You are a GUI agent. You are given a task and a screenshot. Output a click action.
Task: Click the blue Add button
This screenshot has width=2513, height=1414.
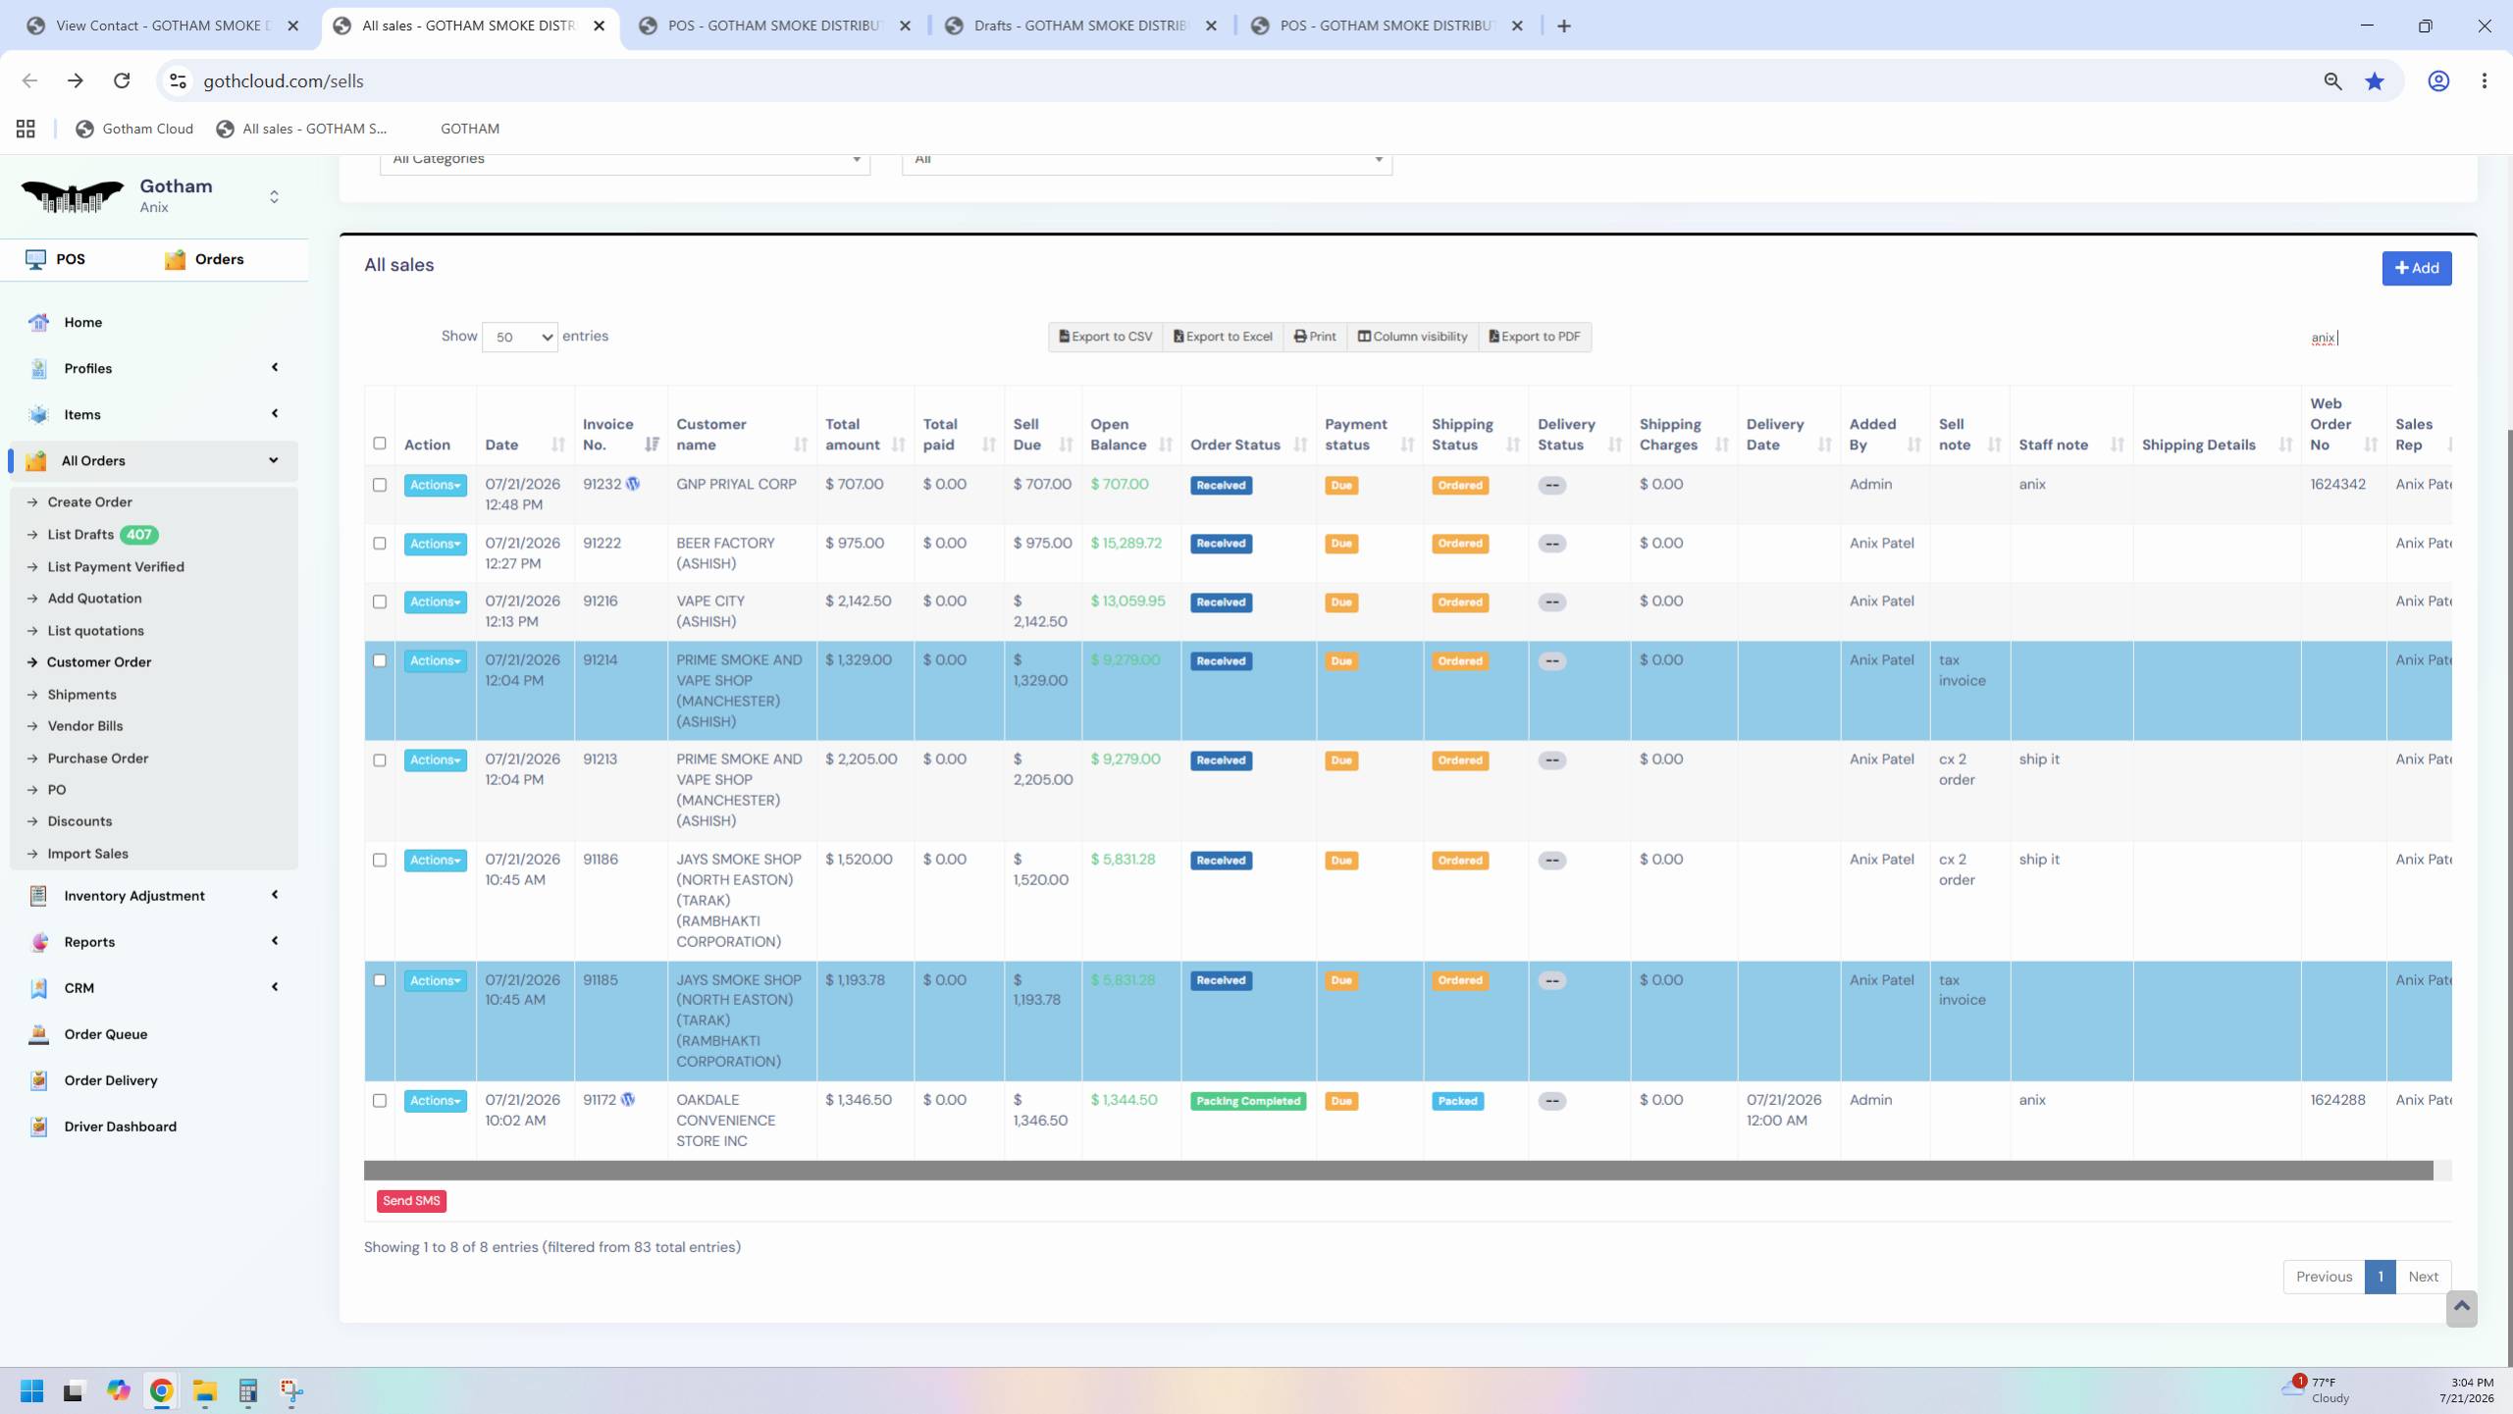click(x=2416, y=268)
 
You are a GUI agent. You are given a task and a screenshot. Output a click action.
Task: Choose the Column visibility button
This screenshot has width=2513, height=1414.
click(x=1412, y=337)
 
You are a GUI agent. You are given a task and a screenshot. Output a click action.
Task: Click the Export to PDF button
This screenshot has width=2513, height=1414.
click(x=1534, y=337)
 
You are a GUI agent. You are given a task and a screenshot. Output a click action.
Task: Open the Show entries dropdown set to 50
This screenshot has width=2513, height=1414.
click(x=519, y=337)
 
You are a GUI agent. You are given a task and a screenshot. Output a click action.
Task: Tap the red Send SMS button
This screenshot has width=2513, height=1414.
click(x=411, y=1201)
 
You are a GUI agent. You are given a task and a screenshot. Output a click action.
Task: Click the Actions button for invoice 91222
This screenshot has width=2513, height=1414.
click(x=435, y=544)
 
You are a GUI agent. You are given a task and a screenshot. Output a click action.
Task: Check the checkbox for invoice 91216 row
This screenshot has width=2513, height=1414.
click(x=380, y=602)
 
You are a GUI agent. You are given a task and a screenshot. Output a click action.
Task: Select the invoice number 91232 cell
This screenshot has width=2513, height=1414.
click(x=602, y=484)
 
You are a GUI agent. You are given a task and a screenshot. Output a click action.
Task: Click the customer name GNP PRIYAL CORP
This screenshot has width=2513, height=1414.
click(x=736, y=484)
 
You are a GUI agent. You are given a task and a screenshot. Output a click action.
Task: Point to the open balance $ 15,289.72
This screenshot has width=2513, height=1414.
click(x=1126, y=543)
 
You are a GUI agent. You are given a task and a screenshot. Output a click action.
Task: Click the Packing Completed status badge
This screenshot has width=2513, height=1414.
click(x=1248, y=1101)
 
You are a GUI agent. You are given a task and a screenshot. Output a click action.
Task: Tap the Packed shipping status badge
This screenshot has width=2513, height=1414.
click(x=1457, y=1101)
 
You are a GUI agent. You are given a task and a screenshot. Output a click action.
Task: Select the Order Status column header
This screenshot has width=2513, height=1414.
click(x=1235, y=445)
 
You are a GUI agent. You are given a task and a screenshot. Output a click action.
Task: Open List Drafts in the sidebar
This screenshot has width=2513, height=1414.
click(x=80, y=535)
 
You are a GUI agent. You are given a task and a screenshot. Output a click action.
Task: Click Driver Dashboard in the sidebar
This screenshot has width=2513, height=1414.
click(x=121, y=1126)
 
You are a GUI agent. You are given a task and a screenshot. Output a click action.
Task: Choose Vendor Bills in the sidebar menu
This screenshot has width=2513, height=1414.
click(x=85, y=726)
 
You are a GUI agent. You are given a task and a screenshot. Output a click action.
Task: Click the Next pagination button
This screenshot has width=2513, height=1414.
click(x=2423, y=1277)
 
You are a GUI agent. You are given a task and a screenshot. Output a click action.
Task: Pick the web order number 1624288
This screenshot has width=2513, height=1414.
click(x=2337, y=1100)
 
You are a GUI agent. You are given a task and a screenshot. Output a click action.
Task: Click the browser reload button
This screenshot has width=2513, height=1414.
click(x=122, y=80)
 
